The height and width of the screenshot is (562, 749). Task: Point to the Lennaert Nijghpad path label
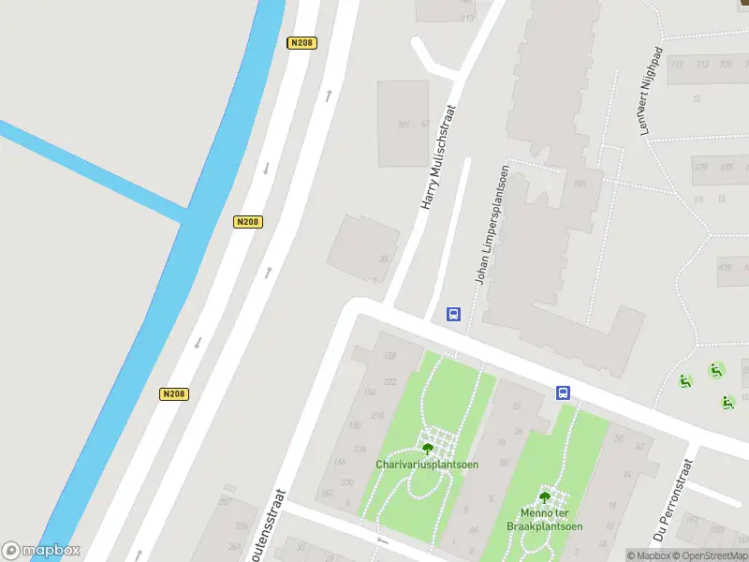651,92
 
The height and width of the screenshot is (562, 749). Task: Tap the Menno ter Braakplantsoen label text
545,520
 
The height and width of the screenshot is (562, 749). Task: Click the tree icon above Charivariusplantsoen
428,448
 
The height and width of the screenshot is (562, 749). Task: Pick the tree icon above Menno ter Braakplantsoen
545,497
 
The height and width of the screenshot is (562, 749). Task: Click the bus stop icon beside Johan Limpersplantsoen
453,314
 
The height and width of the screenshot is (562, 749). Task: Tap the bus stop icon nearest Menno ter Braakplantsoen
564,392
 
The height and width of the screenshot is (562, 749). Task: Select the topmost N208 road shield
301,43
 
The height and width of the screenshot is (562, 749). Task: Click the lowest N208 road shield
173,394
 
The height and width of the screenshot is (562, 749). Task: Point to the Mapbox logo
41,551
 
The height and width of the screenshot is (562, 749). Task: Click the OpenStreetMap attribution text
709,555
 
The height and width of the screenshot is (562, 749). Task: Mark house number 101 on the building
404,125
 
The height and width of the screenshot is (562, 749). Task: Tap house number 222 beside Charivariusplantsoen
389,380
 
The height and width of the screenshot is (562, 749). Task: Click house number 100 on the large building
580,184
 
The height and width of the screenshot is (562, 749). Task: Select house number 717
677,64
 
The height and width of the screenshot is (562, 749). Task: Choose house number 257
225,502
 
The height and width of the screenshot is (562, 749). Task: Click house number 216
377,415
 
